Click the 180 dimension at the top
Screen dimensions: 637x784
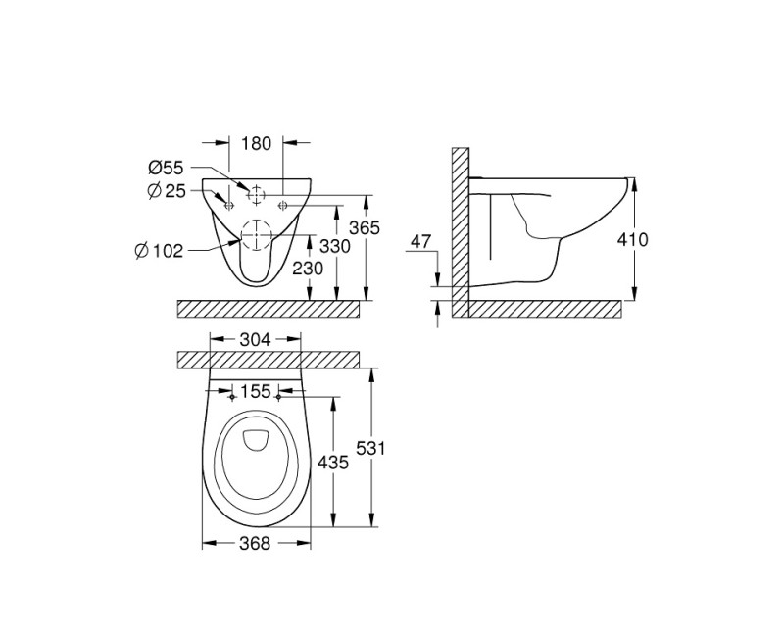(x=256, y=144)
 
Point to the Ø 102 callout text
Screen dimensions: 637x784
(x=159, y=250)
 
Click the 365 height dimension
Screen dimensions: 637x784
(x=365, y=227)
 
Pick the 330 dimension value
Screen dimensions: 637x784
(x=334, y=247)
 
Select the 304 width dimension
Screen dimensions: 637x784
(x=256, y=340)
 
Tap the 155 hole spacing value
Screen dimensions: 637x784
(x=256, y=391)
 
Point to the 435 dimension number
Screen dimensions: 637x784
(x=334, y=462)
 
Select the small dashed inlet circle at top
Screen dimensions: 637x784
(x=256, y=194)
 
